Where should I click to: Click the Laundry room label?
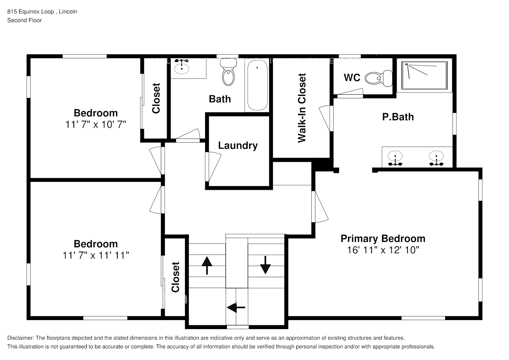pos(238,145)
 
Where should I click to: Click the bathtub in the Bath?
pos(257,86)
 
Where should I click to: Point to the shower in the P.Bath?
pos(424,76)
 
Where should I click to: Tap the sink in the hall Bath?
pos(182,67)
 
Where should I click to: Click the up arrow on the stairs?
pos(207,265)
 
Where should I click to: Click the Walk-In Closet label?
pos(302,108)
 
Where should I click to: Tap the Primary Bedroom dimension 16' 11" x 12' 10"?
pos(383,250)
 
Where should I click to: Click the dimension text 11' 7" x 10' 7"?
pos(96,125)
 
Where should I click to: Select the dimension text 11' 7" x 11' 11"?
pos(96,255)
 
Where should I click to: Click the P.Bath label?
pos(398,117)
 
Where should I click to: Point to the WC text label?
pos(352,78)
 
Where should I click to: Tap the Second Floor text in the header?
pos(24,20)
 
